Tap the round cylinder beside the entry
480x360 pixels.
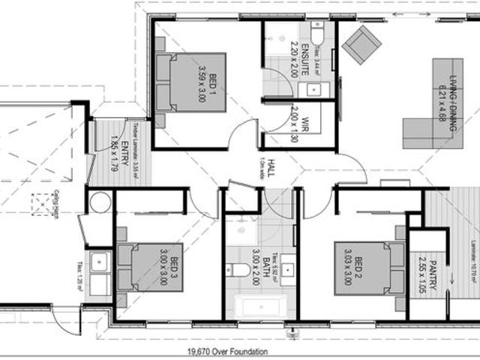click(x=100, y=202)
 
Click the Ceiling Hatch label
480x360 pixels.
click(x=57, y=202)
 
